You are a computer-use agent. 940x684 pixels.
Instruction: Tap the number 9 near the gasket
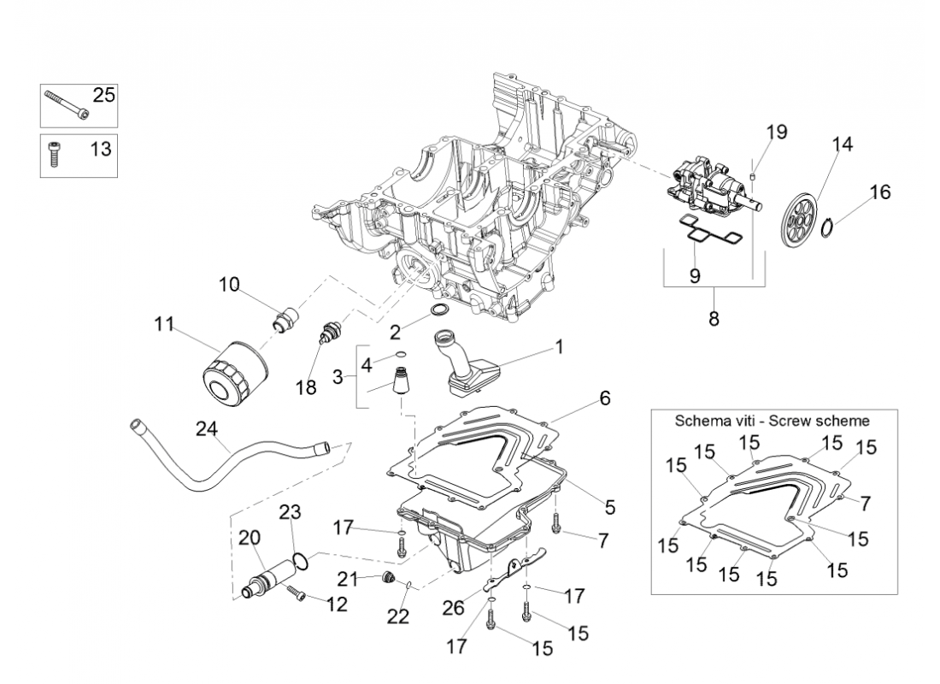pos(695,274)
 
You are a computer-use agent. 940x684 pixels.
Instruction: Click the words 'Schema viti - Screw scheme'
pos(772,421)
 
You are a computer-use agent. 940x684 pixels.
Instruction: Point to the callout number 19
pos(776,133)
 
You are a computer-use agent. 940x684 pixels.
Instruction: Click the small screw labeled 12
pos(297,592)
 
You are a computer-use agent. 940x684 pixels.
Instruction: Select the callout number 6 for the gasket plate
pos(604,398)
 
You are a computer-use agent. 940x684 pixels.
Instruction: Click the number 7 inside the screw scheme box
pos(865,504)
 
